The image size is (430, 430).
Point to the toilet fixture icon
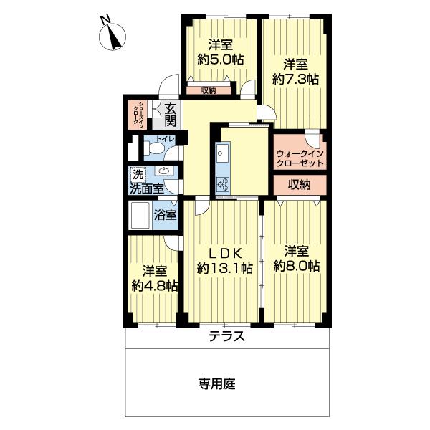coord(153,148)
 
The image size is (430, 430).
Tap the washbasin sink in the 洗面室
coord(165,171)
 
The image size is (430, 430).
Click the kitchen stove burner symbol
coord(223,184)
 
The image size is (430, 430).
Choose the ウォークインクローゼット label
coord(300,158)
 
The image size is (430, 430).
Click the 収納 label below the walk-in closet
coord(300,184)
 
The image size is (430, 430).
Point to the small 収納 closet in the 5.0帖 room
coord(209,90)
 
